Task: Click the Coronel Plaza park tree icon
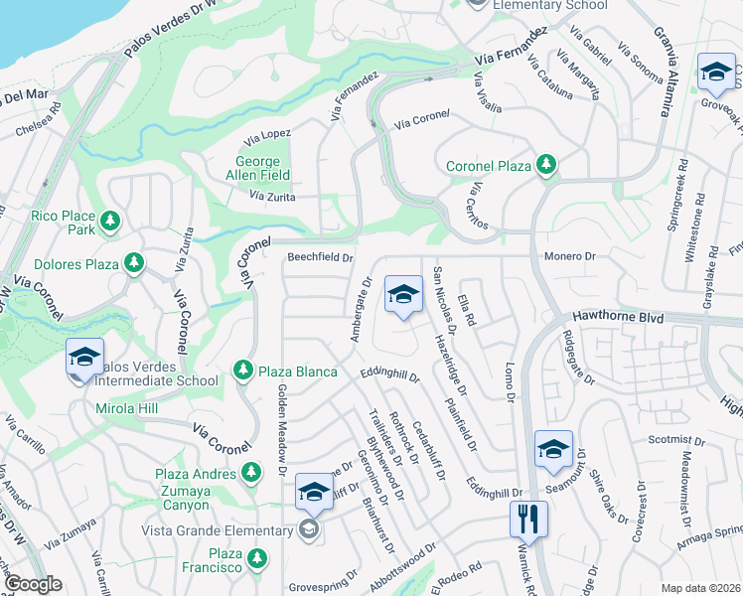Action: point(545,165)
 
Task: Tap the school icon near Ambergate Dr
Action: point(402,294)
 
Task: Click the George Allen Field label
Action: point(263,169)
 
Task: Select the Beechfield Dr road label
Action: point(321,257)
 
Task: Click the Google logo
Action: point(34,584)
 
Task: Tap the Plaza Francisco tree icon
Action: point(257,558)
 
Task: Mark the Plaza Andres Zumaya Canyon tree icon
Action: point(253,474)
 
